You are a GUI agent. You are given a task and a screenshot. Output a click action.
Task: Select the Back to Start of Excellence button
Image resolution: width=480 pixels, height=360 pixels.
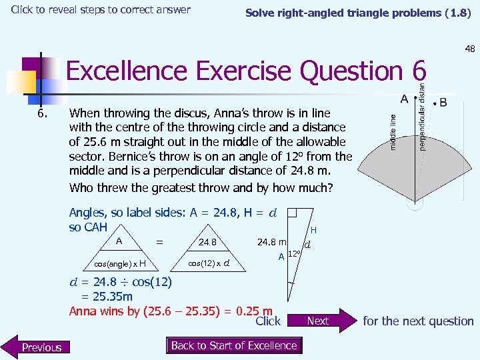pyautogui.click(x=234, y=345)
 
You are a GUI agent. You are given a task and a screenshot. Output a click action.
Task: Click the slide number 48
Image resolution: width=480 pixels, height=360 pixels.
pyautogui.click(x=469, y=49)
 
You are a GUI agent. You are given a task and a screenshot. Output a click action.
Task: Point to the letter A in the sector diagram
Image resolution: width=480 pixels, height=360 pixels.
pyautogui.click(x=404, y=99)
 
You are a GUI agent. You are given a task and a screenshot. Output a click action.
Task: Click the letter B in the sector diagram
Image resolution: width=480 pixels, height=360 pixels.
pyautogui.click(x=443, y=104)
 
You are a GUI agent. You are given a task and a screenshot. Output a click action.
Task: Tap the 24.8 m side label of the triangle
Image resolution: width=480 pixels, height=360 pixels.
pyautogui.click(x=272, y=241)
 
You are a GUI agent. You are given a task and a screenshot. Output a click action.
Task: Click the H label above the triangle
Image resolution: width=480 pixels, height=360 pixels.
pyautogui.click(x=313, y=230)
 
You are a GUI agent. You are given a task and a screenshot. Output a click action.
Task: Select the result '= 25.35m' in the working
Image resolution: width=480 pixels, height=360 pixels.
pyautogui.click(x=107, y=296)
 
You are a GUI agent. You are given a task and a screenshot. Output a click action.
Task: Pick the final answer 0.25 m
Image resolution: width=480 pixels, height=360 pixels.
pyautogui.click(x=257, y=311)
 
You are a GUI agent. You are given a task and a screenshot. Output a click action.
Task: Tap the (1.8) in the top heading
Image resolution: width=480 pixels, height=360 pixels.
pyautogui.click(x=459, y=13)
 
